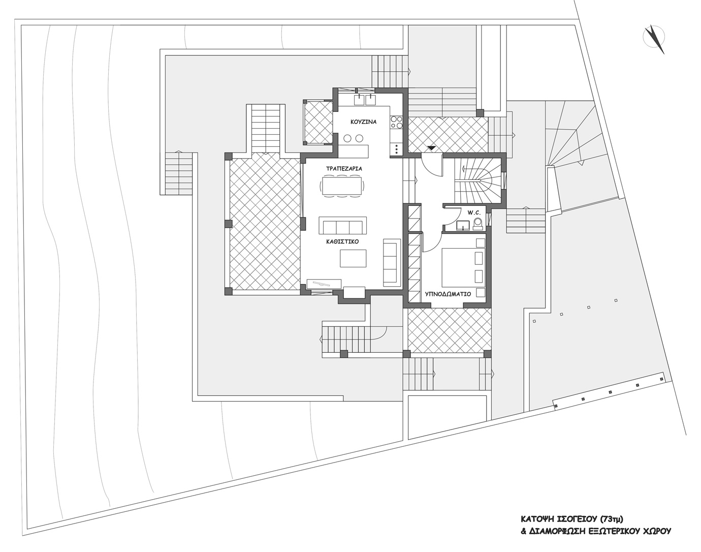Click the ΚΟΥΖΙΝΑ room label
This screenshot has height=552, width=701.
(x=364, y=122)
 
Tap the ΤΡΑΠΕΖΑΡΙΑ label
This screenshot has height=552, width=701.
(x=344, y=169)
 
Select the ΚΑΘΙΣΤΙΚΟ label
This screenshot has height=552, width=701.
(x=342, y=241)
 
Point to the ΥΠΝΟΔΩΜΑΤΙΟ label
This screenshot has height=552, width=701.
(x=448, y=294)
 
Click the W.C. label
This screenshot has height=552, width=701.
(x=474, y=212)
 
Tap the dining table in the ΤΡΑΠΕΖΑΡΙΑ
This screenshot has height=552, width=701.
(x=342, y=186)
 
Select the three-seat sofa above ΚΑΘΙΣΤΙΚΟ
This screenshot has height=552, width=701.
(x=343, y=225)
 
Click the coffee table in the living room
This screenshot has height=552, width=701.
(x=353, y=258)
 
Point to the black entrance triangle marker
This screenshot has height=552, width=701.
(x=432, y=148)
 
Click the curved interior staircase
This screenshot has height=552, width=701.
(x=478, y=181)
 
